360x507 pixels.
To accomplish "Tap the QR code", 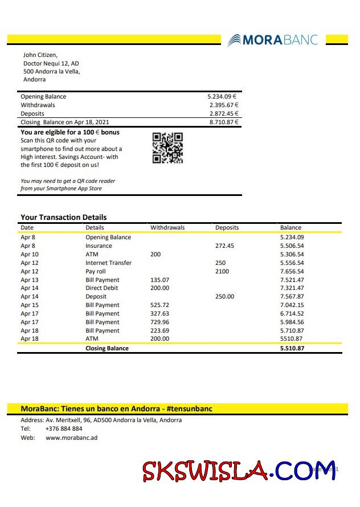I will (167, 148).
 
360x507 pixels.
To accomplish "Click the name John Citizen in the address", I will (40, 55).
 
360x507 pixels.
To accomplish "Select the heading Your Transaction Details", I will (63, 217).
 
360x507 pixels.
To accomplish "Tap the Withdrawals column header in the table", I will (167, 228).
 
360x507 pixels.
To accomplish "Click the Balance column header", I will (291, 228).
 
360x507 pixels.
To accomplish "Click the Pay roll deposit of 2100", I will (222, 272).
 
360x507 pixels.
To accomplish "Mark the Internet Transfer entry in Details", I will (108, 263).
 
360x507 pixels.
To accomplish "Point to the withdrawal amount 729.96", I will (159, 322).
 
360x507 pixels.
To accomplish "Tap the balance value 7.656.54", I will (292, 272).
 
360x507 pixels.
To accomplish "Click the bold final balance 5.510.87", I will (292, 348).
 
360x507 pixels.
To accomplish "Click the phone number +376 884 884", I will (64, 428).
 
